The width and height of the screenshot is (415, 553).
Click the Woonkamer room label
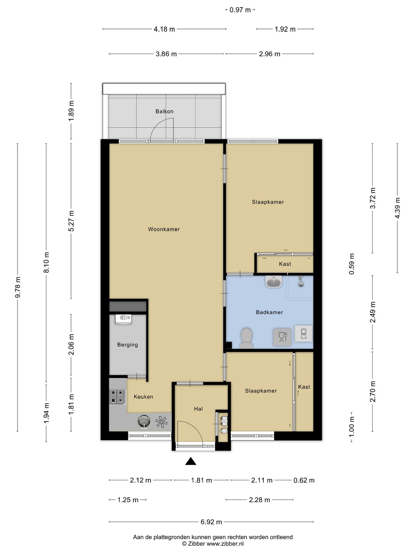click(x=164, y=229)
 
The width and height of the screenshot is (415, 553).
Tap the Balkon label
click(x=164, y=111)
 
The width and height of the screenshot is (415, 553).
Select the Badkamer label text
click(x=269, y=312)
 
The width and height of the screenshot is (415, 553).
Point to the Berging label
click(x=128, y=344)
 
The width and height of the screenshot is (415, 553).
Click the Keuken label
click(x=143, y=397)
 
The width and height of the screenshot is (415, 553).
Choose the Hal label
click(x=198, y=409)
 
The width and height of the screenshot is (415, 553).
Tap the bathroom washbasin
click(x=274, y=281)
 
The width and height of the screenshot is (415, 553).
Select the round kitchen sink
click(x=144, y=421)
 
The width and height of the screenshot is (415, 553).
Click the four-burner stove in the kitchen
click(x=118, y=396)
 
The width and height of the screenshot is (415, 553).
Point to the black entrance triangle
click(x=191, y=461)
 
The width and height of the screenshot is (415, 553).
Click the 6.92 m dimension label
click(x=211, y=522)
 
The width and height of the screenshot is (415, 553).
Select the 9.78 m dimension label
click(x=18, y=287)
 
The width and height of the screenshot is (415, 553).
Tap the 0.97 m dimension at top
click(x=240, y=10)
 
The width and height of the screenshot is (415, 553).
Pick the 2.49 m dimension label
click(x=373, y=312)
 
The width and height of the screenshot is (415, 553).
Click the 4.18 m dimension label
click(x=164, y=29)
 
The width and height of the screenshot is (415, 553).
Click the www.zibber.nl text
click(x=225, y=544)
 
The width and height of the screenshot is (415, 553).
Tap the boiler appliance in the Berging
click(x=123, y=319)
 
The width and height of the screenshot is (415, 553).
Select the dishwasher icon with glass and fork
click(x=282, y=337)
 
